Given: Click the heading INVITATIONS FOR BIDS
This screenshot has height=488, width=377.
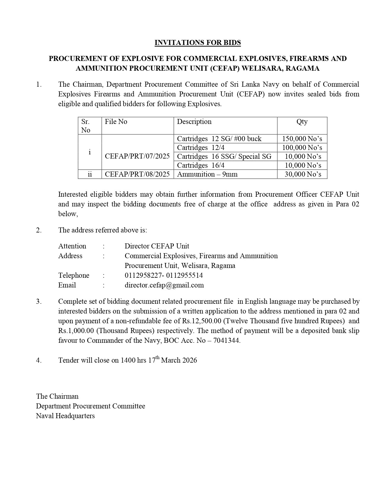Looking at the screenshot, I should coord(198,43).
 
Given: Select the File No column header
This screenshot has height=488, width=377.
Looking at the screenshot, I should coord(116,122).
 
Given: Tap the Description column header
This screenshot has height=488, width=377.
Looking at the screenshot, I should coord(194,122).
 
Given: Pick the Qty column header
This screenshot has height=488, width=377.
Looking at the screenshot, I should coord(302,122).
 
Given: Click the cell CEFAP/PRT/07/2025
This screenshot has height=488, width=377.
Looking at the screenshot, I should coord(137,156).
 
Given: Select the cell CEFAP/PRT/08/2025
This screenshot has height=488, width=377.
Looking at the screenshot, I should coord(137,174).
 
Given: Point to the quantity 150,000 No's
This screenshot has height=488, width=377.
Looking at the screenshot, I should coord(302,139).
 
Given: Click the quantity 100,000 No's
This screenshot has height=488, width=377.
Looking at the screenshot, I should coord(302,148).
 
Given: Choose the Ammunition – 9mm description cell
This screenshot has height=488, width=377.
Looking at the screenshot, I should coord(207,174).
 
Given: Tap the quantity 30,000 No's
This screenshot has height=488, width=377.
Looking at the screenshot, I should coord(303,174).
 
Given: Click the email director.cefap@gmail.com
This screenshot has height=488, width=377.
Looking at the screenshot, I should coord(164,285).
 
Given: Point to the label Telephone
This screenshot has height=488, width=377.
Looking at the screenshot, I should coord(74,275).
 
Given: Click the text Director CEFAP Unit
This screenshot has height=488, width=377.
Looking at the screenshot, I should coord(157,246).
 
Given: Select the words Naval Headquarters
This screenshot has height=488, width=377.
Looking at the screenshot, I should coord(65,416).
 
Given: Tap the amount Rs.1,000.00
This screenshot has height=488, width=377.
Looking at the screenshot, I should coord(76,331).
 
